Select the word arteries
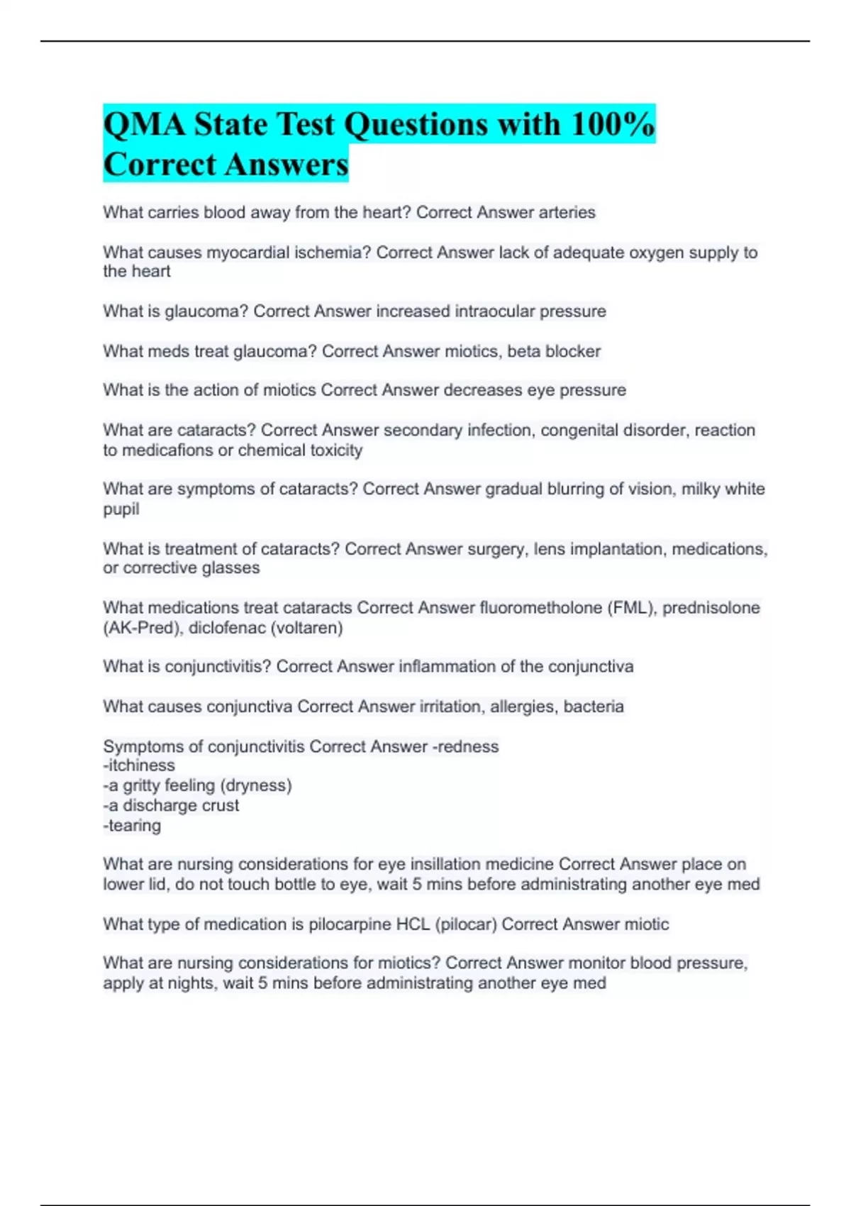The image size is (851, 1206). click(x=567, y=213)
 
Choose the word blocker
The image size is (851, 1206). click(x=573, y=352)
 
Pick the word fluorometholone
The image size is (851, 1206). click(x=540, y=608)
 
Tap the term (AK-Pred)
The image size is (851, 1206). click(x=143, y=628)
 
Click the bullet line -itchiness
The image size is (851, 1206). click(x=139, y=765)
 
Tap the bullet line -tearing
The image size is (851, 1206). click(x=132, y=826)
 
